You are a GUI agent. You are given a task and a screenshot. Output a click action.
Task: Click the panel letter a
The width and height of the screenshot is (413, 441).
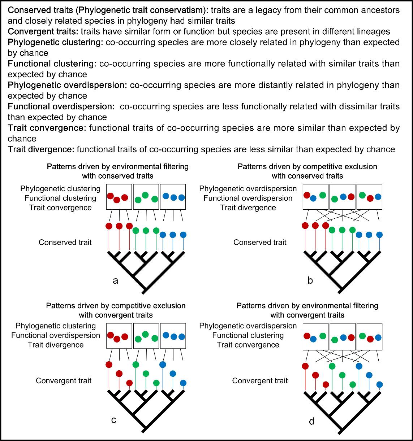116,280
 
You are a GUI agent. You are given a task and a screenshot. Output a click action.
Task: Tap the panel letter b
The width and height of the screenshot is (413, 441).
310,280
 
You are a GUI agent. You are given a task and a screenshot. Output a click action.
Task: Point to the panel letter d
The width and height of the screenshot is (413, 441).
311,421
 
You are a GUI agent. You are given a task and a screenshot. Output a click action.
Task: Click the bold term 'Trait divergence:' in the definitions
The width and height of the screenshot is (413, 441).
41,149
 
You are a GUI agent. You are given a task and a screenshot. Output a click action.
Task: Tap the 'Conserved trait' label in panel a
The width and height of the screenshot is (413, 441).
65,242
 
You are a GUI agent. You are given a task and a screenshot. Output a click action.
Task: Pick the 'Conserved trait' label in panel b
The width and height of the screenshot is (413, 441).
260,242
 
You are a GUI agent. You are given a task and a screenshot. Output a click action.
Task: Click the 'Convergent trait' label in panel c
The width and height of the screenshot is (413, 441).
64,381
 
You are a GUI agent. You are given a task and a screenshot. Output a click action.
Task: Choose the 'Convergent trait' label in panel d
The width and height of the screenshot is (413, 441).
260,381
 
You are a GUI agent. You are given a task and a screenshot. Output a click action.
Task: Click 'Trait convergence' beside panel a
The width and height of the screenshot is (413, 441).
60,208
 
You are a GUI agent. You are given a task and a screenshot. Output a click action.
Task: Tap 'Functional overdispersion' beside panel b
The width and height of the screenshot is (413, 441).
248,198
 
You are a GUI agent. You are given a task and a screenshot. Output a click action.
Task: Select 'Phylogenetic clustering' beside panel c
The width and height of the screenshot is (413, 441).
55,326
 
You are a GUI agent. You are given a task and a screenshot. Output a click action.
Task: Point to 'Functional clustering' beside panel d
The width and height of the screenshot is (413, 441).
248,335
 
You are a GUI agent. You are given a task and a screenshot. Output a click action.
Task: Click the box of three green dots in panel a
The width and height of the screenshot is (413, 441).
146,197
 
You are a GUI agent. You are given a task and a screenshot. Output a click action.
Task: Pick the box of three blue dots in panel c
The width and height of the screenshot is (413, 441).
173,336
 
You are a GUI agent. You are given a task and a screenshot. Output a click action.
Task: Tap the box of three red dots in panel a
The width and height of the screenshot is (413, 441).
119,197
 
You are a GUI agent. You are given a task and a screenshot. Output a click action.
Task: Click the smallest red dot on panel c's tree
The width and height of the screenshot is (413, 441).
129,383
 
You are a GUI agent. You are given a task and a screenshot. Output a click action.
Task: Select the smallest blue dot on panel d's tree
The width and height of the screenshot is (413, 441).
379,384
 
